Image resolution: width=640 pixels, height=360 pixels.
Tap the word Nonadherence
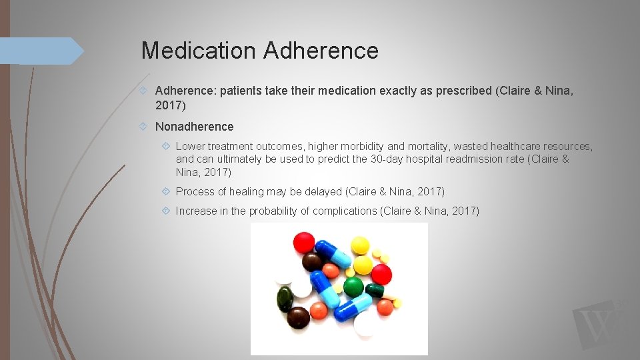[195, 127]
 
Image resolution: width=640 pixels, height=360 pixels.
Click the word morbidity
[358, 146]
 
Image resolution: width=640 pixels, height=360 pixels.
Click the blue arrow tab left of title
[40, 51]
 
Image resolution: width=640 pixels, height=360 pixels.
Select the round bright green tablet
[353, 287]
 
